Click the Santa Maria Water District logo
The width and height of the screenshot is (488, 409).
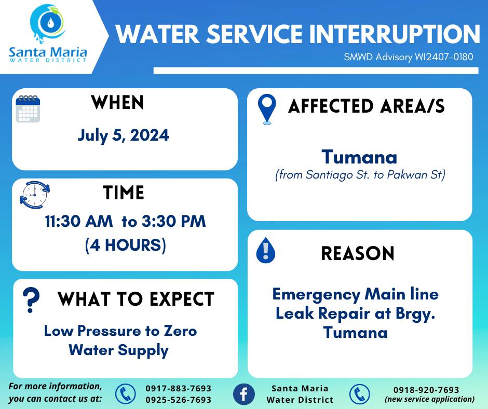pyautogui.click(x=48, y=34)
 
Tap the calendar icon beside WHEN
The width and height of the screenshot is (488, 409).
pyautogui.click(x=28, y=108)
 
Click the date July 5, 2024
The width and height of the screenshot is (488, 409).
pyautogui.click(x=123, y=135)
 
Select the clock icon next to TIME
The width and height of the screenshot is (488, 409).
pyautogui.click(x=35, y=195)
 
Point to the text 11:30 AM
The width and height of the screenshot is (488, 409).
pyautogui.click(x=79, y=221)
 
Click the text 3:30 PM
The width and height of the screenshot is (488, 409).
pyautogui.click(x=174, y=221)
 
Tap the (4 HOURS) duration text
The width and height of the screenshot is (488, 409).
pyautogui.click(x=126, y=245)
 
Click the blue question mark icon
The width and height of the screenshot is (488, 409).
pyautogui.click(x=31, y=300)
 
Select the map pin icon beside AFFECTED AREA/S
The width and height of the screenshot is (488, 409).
pyautogui.click(x=267, y=109)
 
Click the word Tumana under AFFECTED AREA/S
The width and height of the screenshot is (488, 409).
pyautogui.click(x=359, y=157)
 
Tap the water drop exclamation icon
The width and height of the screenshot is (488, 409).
pyautogui.click(x=265, y=250)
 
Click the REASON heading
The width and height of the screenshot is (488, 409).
pyautogui.click(x=358, y=253)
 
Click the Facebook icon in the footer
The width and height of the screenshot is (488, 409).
pyautogui.click(x=244, y=394)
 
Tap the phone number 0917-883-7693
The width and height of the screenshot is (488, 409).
pyautogui.click(x=179, y=388)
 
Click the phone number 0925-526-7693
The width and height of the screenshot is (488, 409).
pyautogui.click(x=179, y=400)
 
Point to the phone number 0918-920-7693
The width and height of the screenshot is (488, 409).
pyautogui.click(x=426, y=390)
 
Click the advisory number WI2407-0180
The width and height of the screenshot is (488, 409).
pyautogui.click(x=444, y=57)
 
